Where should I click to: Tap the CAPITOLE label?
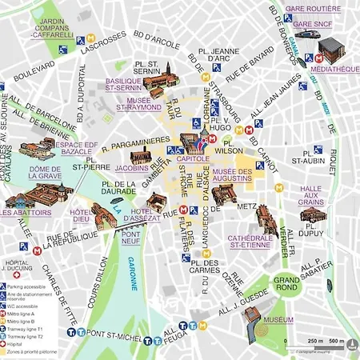[193, 159]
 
